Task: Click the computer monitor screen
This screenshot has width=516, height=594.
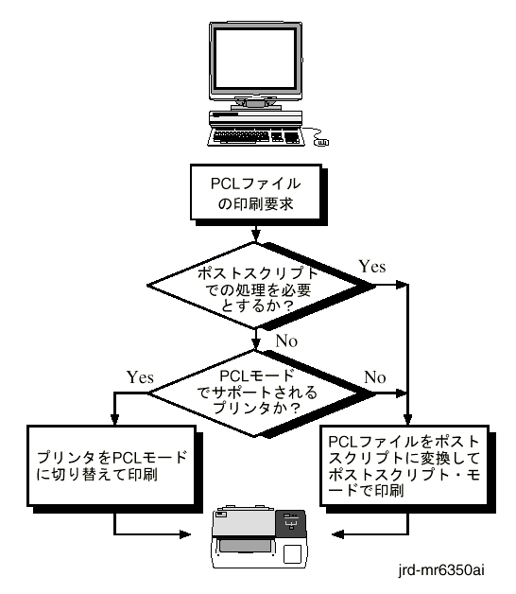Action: coord(255,60)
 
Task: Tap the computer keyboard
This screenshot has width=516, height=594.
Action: coord(256,137)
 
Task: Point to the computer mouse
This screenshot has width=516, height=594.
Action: coord(321,143)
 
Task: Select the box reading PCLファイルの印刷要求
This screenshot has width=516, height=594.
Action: coord(256,192)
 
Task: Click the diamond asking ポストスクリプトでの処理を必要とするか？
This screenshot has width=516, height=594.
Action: coord(258,286)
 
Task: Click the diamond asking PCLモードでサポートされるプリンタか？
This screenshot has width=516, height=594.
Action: coord(258,393)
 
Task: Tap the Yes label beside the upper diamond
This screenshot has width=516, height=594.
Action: coord(372,267)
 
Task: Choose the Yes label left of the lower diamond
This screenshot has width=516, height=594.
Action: coord(140,377)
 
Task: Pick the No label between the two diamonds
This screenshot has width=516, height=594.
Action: coord(286,341)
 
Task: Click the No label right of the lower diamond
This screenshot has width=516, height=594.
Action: coord(375,377)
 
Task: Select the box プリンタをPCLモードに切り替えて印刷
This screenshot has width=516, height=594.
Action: coord(112,465)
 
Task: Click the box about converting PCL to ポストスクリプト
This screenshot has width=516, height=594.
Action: coord(404,465)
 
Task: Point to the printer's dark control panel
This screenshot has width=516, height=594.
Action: coord(291,524)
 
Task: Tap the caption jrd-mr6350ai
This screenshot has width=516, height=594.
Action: coord(440,570)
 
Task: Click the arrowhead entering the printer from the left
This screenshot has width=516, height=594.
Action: coord(185,534)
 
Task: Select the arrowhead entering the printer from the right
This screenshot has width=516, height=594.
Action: coord(337,534)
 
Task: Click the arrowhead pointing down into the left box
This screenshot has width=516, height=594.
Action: coord(114,419)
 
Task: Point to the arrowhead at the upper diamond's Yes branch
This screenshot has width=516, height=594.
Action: coord(402,285)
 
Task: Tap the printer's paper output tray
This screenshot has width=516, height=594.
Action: coord(246,547)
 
